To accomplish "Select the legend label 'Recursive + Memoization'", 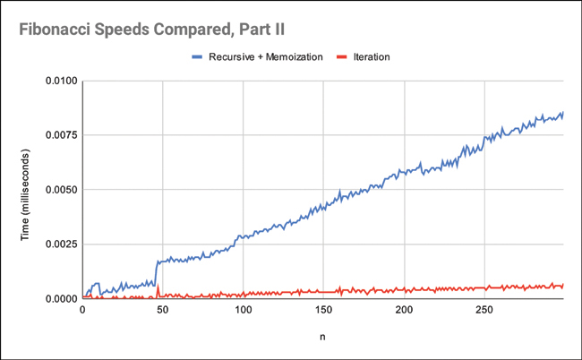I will click(x=270, y=56).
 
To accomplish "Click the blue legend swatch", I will click(x=197, y=56).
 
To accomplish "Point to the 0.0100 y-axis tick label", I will click(x=59, y=81).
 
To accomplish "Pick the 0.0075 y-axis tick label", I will click(x=59, y=136).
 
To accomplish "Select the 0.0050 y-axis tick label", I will click(x=59, y=190).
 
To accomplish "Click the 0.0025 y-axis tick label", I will click(x=59, y=244).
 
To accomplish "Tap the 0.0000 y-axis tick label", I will click(x=59, y=298).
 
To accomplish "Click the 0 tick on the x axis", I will click(x=82, y=311).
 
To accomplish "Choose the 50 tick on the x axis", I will click(x=162, y=311).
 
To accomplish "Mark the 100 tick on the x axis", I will click(x=243, y=311).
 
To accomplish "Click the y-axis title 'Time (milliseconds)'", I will click(x=25, y=190).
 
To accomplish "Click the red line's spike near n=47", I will click(x=158, y=287).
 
